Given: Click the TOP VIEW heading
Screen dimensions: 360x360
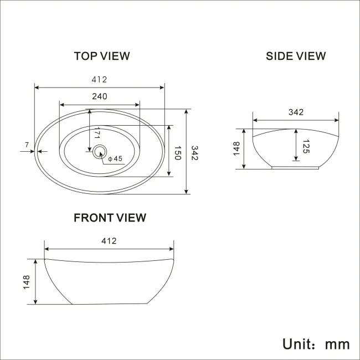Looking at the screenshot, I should point(102,56).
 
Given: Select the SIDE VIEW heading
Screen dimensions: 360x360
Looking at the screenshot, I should point(296,56).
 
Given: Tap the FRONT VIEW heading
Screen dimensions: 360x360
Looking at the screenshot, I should point(110,218).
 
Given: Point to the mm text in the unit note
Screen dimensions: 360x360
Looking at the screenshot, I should point(337,344).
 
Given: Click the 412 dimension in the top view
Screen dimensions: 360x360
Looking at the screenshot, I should point(100,80).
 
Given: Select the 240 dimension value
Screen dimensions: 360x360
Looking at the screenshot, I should point(99,96).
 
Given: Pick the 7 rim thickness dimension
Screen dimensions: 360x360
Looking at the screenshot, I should point(26,145).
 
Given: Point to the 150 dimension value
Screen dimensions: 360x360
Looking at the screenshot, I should point(178,153).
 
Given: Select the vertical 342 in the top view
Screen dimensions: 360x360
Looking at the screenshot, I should point(194,153).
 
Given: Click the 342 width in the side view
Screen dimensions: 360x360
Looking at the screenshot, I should point(296,112).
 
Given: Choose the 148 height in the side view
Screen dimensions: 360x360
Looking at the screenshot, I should point(236,148).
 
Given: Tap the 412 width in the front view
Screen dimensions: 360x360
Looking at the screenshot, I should point(109,241).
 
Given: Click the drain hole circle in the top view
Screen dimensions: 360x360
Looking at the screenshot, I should point(100,151).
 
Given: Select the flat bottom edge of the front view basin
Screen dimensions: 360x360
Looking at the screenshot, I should point(110,304).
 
